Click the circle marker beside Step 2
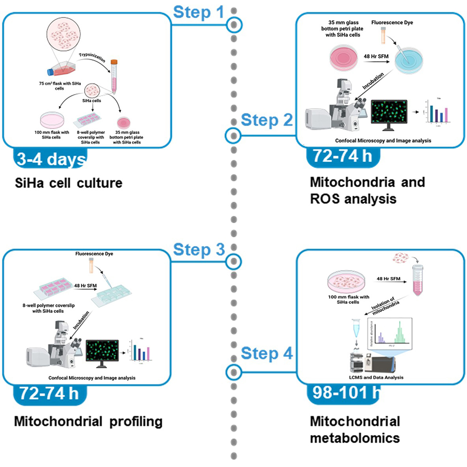[233, 136]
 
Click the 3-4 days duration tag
[46, 159]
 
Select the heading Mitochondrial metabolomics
[355, 429]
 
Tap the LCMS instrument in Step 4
[376, 362]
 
